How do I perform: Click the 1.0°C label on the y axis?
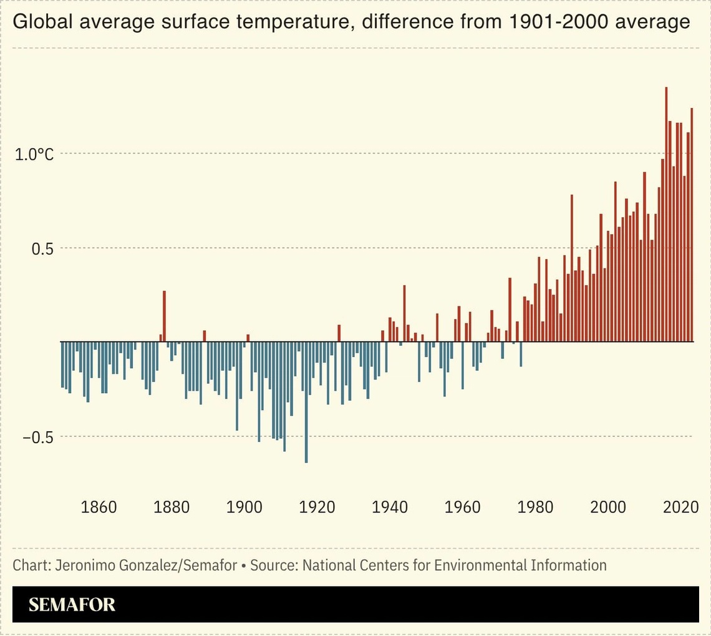pyautogui.click(x=34, y=154)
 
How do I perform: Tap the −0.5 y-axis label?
pyautogui.click(x=37, y=438)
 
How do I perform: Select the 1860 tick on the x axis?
pyautogui.click(x=99, y=507)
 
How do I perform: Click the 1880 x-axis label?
pyautogui.click(x=172, y=507)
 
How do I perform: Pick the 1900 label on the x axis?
pyautogui.click(x=244, y=507)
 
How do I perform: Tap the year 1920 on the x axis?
pyautogui.click(x=317, y=507)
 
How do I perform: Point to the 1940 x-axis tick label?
pyautogui.click(x=390, y=507)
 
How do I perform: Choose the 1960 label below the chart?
pyautogui.click(x=462, y=507)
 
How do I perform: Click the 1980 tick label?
pyautogui.click(x=535, y=507)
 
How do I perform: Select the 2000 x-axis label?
pyautogui.click(x=608, y=507)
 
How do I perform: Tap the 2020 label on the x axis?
pyautogui.click(x=680, y=507)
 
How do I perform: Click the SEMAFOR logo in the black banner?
pyautogui.click(x=72, y=604)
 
